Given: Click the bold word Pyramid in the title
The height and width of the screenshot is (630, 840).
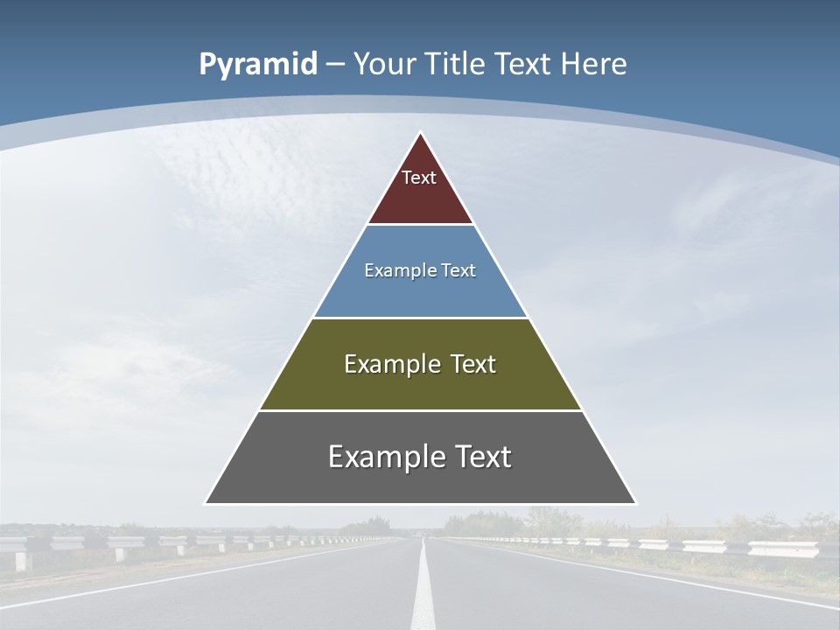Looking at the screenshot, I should pyautogui.click(x=257, y=65).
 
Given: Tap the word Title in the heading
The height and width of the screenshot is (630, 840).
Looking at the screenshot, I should pyautogui.click(x=454, y=64).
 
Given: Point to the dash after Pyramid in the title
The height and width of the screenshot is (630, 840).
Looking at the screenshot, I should pyautogui.click(x=335, y=65).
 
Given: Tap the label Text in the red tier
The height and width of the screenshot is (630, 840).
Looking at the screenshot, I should pyautogui.click(x=419, y=178).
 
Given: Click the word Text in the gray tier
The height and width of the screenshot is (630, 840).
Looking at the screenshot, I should pyautogui.click(x=477, y=457).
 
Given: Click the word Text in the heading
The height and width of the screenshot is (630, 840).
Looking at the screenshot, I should pyautogui.click(x=523, y=64).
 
